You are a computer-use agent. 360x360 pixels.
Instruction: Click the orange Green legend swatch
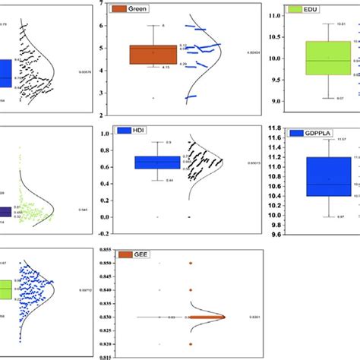118,10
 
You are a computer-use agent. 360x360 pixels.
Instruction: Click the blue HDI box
157,162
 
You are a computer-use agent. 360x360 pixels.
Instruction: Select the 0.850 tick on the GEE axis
94,262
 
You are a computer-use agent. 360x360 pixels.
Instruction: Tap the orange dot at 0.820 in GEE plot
189,344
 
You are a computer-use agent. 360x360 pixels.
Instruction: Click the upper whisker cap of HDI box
157,142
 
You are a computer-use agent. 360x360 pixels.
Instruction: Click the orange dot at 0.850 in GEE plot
189,263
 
